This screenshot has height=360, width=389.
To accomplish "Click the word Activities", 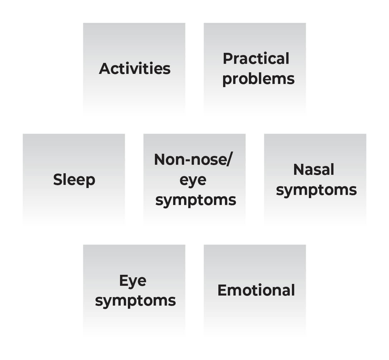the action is click(135, 69).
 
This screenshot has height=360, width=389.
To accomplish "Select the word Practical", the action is click(256, 58).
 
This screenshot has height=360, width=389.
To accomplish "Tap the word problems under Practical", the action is click(258, 79).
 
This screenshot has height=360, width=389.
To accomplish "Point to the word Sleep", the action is click(74, 180).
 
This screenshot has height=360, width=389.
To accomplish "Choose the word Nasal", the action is click(314, 169).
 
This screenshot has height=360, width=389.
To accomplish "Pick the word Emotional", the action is click(256, 290).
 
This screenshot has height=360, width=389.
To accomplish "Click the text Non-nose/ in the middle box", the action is click(193, 159).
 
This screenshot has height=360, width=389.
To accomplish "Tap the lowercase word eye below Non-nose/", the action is click(193, 180).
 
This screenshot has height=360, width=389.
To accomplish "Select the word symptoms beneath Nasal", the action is click(316, 191).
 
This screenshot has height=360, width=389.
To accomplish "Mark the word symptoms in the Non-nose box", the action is click(196, 201).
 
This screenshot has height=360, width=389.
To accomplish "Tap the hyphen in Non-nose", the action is click(188, 160).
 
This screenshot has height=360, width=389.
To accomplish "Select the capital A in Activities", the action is click(105, 69).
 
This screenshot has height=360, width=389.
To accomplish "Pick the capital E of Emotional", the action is click(222, 290).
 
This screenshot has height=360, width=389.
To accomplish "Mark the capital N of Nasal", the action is click(299, 169).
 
